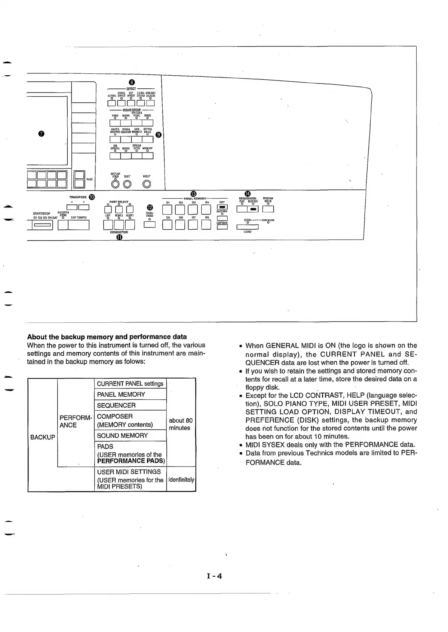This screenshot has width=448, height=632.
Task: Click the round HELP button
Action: (147, 184)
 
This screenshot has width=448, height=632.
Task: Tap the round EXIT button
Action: (127, 184)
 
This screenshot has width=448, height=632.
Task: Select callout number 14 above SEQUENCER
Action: (247, 194)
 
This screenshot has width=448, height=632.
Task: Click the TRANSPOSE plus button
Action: (84, 208)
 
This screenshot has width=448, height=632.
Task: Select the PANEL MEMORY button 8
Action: (206, 224)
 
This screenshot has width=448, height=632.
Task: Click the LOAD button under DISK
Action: (248, 226)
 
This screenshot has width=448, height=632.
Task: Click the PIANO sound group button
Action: (115, 123)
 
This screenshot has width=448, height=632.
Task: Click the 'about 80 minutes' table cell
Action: (181, 424)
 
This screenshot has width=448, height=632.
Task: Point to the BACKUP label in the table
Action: (43, 437)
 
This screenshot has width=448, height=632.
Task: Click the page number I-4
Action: (214, 576)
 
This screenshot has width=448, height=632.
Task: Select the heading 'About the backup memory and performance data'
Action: (107, 337)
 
